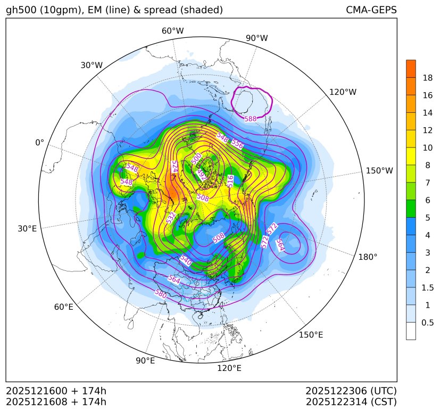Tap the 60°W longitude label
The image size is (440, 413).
tap(172, 31)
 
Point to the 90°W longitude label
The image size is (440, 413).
tap(256, 38)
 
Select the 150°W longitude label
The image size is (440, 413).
tap(379, 171)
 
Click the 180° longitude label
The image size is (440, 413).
tap(368, 257)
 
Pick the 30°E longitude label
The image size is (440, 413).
tap(27, 229)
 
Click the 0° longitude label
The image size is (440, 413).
tap(40, 143)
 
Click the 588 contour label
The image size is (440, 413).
tap(250, 119)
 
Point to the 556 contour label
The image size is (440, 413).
tap(237, 144)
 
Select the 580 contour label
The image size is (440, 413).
tap(160, 293)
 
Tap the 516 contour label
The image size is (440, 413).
tap(230, 180)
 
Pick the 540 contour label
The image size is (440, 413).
tap(186, 260)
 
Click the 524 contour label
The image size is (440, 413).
tap(174, 166)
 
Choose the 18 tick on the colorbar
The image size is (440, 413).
tap(427, 78)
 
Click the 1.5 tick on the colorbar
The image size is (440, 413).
tap(427, 288)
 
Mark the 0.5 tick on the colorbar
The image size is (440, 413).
tap(427, 323)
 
